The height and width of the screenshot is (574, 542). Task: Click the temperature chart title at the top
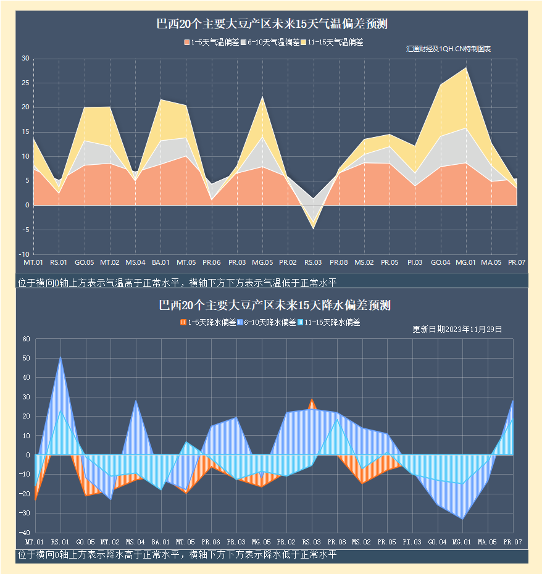pos(272,25)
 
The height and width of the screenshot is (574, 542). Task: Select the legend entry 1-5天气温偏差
pos(211,43)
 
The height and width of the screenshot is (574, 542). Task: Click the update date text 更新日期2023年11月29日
pos(457,329)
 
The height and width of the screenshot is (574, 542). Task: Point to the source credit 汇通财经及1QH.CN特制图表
pos(448,49)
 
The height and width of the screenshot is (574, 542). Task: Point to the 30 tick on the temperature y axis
pos(25,59)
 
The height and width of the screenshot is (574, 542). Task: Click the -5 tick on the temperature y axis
pos(25,230)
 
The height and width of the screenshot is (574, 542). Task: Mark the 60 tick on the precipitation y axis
pos(25,339)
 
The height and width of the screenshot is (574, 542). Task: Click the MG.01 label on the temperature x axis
pos(465,262)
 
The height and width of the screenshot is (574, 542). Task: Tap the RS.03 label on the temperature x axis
pos(313,262)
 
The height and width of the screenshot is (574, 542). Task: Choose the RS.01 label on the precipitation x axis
pos(59,541)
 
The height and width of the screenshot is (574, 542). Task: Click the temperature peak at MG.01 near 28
pos(466,68)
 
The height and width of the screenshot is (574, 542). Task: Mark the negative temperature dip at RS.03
pos(313,228)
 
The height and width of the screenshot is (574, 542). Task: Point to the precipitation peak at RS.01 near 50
pos(60,357)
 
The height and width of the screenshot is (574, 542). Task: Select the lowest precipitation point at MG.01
pos(462,518)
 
